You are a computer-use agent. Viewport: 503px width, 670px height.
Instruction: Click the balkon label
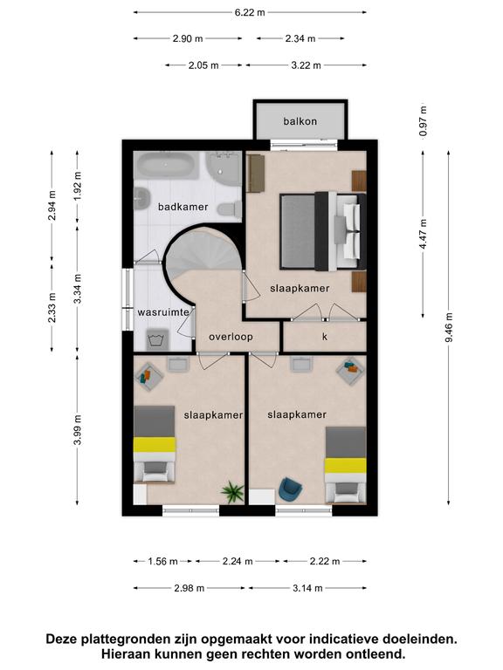(300, 121)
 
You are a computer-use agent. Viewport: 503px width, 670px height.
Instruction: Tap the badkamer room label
(183, 207)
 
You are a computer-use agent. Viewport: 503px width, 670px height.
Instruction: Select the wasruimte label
(163, 312)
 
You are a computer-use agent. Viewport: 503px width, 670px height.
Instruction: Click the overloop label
(231, 337)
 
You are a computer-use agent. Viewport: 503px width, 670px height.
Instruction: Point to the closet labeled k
(325, 336)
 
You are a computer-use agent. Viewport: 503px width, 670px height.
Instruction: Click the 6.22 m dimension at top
(250, 12)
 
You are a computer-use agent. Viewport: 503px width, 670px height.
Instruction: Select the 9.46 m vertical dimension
(449, 327)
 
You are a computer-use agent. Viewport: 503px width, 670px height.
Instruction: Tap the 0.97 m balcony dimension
(423, 121)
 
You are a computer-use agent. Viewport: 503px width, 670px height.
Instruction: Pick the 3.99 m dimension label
(78, 429)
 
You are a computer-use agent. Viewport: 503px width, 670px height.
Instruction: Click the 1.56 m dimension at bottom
(162, 561)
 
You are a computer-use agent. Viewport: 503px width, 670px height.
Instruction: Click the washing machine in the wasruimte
(156, 340)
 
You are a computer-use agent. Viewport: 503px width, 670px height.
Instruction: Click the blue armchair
(291, 489)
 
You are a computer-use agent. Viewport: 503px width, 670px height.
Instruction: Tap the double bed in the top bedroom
(323, 230)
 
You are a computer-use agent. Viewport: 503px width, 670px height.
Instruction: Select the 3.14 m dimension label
(307, 588)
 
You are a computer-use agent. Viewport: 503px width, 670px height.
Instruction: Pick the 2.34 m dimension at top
(300, 38)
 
